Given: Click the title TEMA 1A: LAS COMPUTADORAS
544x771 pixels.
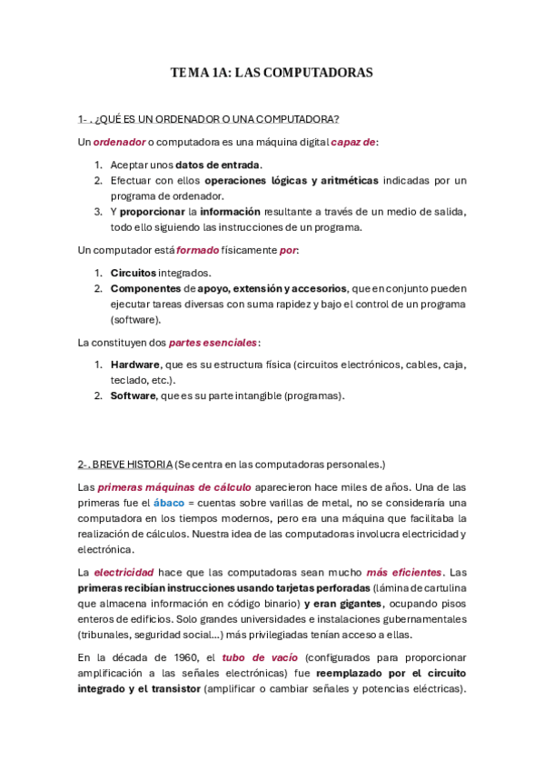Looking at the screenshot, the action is pos(272,73).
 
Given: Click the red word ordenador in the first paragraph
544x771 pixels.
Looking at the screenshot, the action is pos(118,142).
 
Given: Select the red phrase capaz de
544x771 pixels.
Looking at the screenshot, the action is pos(353,142).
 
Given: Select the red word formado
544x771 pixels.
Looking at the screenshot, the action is pos(197,249).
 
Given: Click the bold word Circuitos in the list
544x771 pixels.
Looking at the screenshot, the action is pos(134,273).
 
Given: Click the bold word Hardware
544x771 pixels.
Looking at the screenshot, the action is pos(135,365).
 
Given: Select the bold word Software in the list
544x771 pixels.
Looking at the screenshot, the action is pos(133,396).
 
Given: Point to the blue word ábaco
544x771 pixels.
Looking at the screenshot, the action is pos(168,503).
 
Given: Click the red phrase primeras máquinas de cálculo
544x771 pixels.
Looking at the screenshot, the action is pos(174,487).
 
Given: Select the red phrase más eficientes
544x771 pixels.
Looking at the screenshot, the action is pos(404,572).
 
